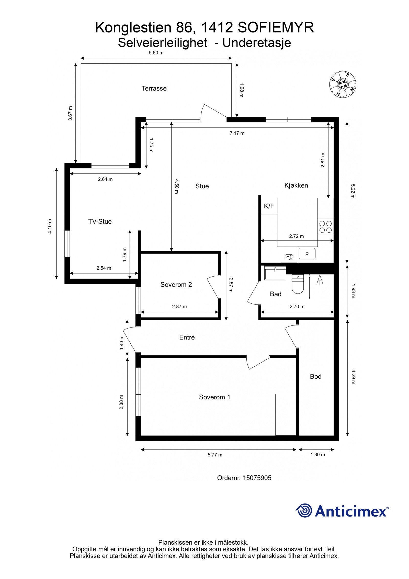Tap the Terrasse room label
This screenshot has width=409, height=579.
pos(154,89)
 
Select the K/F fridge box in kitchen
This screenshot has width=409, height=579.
pos(269,206)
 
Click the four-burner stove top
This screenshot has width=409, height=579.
pos(325,227)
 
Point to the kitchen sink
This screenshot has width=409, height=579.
pos(307,254)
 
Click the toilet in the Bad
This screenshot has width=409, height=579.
pos(297,284)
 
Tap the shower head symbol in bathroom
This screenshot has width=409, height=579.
pos(320,280)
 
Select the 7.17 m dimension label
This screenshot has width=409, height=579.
pos(237,133)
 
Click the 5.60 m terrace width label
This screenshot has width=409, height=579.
pos(156,53)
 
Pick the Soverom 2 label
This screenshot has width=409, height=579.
pos(176,285)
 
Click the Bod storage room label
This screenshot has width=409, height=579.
pos(315,376)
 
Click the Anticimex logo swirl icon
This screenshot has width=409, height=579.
pos(304,510)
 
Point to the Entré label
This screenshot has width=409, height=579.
pos(187,337)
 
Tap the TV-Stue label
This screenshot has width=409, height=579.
pos(100,222)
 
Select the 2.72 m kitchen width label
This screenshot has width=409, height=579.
pos(296,236)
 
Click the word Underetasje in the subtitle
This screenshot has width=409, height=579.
pos(256,43)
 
